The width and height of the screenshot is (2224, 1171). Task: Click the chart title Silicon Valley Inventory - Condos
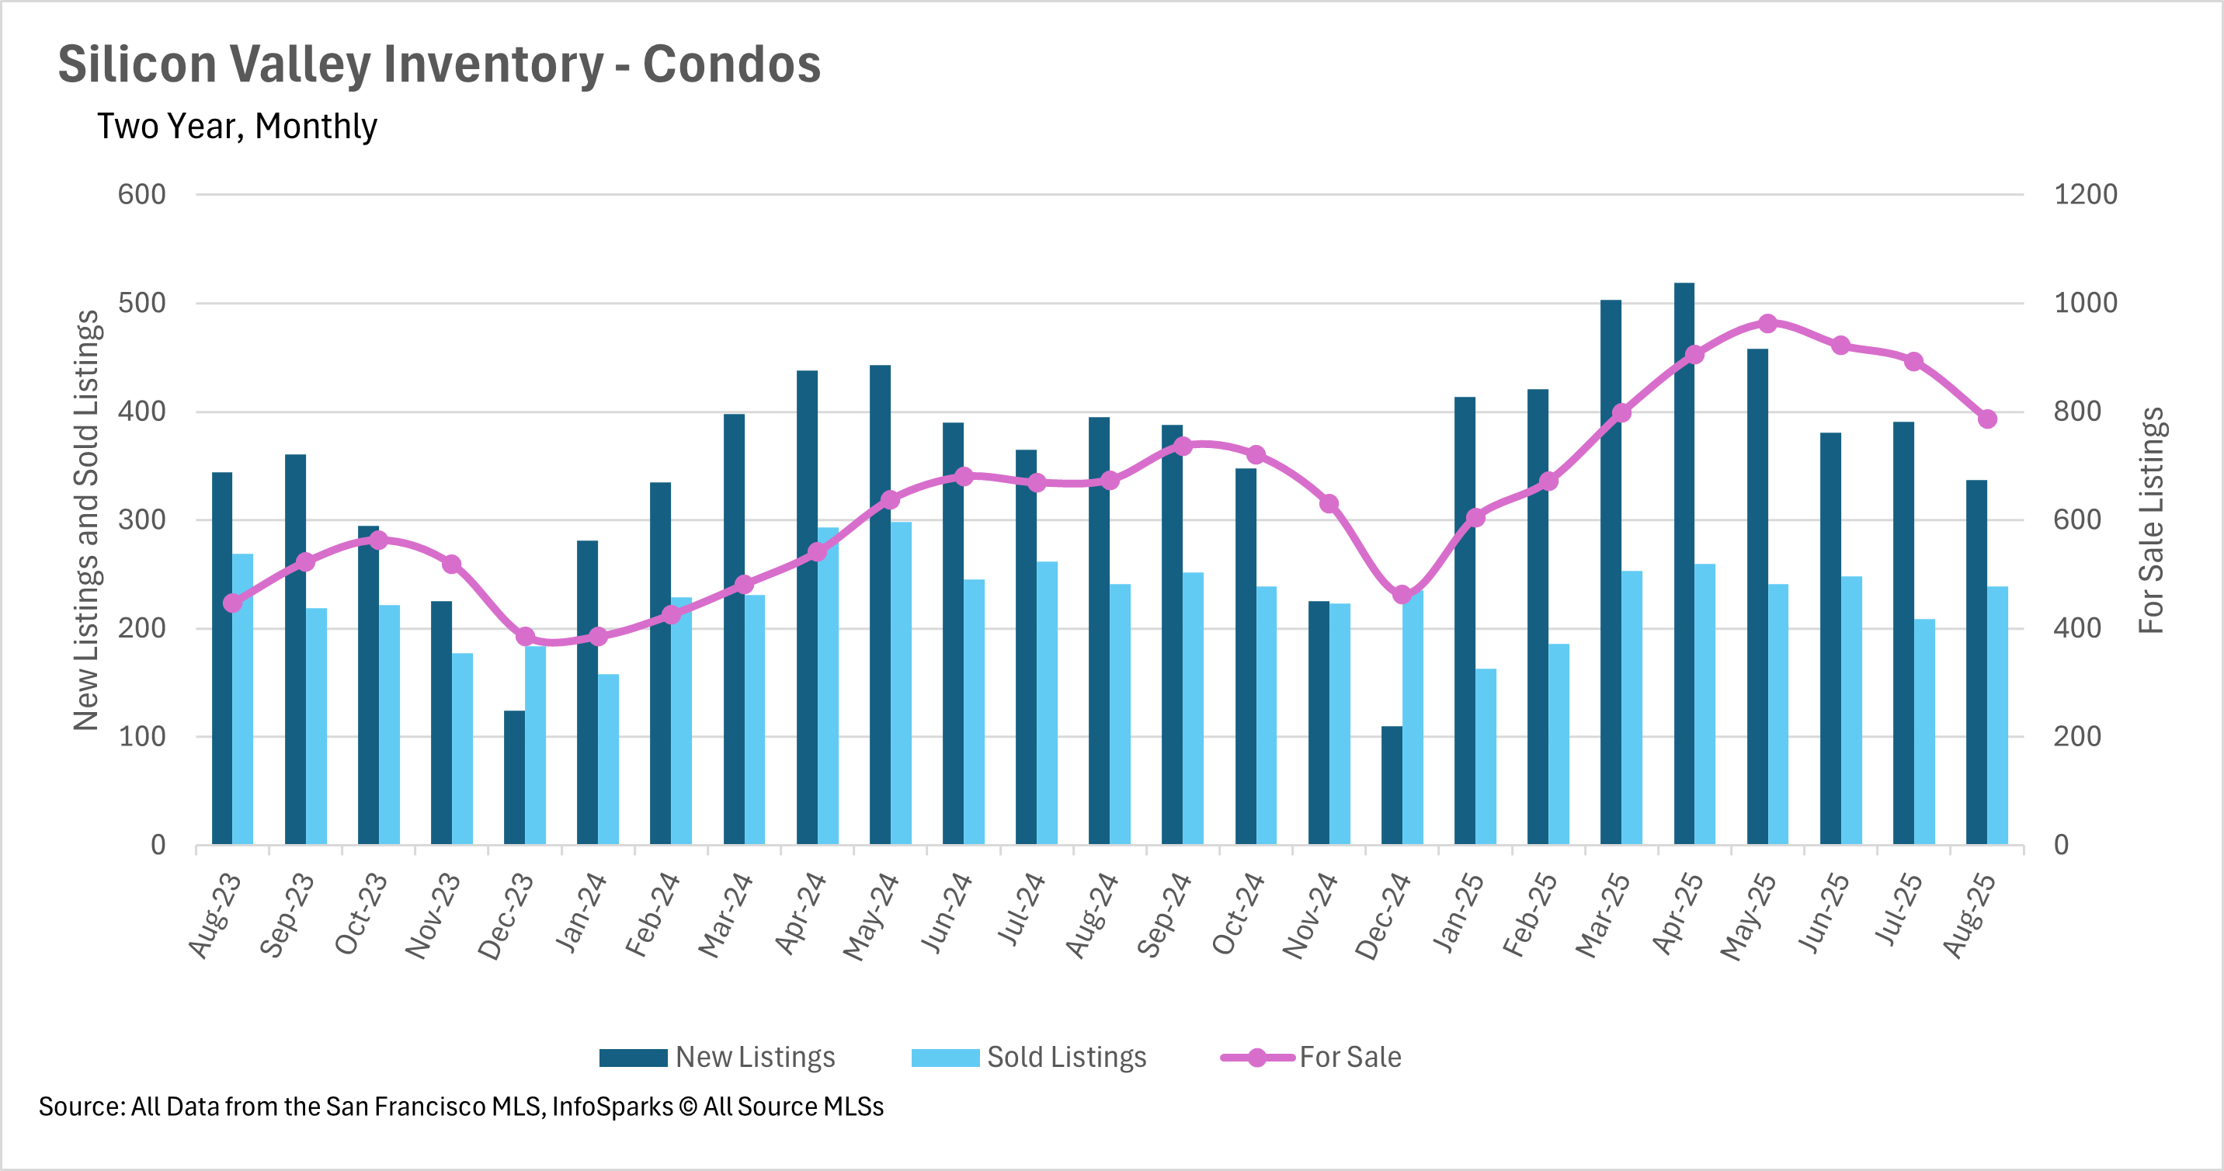tap(439, 64)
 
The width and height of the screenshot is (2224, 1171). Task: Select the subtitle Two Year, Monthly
tap(237, 126)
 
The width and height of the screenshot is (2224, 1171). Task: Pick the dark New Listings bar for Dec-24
tap(1391, 785)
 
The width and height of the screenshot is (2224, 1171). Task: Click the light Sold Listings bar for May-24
tap(901, 683)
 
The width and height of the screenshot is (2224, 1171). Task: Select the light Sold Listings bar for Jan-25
tap(1485, 756)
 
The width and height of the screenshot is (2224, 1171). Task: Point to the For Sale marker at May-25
tap(1767, 324)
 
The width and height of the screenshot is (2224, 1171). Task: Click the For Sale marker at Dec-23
tap(525, 637)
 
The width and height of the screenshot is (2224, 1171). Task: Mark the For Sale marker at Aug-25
tap(1986, 419)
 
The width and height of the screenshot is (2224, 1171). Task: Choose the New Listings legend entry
tap(717, 1057)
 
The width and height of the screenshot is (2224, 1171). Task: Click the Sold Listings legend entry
tap(1028, 1057)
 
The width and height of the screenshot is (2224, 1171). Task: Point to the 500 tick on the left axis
tap(141, 303)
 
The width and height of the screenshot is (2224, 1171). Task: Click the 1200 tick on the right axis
tap(2085, 194)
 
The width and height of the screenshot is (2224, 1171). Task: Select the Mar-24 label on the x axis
tap(725, 916)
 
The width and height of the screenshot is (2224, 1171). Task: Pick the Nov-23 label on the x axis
tap(433, 916)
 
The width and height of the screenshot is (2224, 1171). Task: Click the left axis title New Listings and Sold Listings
tap(86, 519)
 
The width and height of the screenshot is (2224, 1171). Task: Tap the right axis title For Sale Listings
tap(2152, 519)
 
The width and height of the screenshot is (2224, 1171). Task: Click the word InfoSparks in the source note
tap(612, 1107)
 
